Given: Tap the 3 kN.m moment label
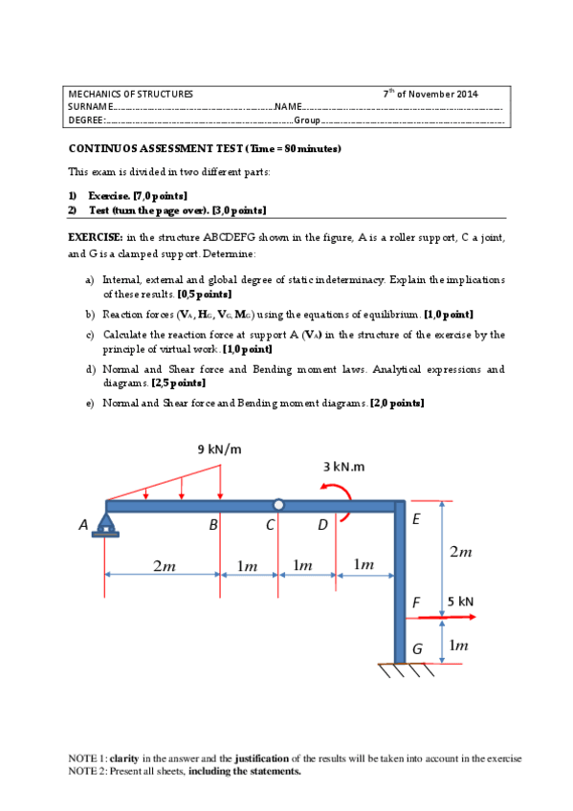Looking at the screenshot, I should pyautogui.click(x=343, y=466).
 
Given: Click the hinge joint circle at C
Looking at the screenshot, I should pyautogui.click(x=277, y=504).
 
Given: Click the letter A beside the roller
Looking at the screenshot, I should pyautogui.click(x=83, y=524).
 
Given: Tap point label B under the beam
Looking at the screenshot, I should pyautogui.click(x=214, y=525).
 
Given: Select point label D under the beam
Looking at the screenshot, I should pyautogui.click(x=322, y=525).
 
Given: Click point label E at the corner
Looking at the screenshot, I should pyautogui.click(x=415, y=519).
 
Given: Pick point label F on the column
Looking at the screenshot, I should pyautogui.click(x=416, y=603).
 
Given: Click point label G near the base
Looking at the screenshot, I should pyautogui.click(x=417, y=648).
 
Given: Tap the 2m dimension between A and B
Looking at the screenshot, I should pyautogui.click(x=164, y=565).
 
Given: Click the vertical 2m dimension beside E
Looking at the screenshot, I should pyautogui.click(x=460, y=553).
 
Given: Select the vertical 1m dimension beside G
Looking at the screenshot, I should pyautogui.click(x=459, y=647).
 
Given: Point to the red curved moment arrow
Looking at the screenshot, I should pyautogui.click(x=342, y=499).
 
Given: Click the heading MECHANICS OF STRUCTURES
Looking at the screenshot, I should pyautogui.click(x=131, y=94).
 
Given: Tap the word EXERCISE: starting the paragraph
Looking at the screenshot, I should pyautogui.click(x=95, y=236).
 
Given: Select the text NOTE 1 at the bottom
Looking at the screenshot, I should pyautogui.click(x=87, y=758).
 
